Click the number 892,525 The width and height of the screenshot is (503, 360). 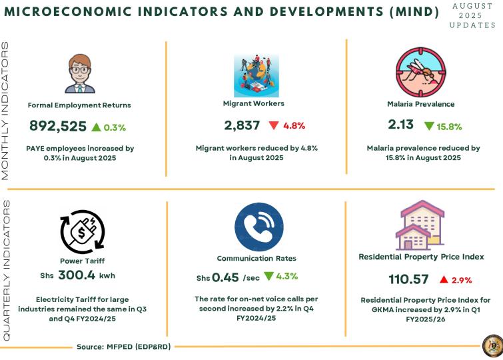pyautogui.click(x=58, y=125)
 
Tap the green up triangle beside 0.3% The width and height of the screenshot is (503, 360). pyautogui.click(x=96, y=126)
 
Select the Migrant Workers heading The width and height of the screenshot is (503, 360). pyautogui.click(x=253, y=103)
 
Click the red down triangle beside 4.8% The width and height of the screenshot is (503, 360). pyautogui.click(x=273, y=125)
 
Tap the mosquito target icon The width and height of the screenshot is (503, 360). pyautogui.click(x=420, y=69)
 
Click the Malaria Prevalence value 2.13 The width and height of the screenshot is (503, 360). pyautogui.click(x=401, y=124)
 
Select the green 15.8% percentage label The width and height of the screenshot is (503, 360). pyautogui.click(x=449, y=126)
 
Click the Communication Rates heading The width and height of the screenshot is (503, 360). pyautogui.click(x=256, y=258)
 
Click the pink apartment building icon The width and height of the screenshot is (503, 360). pyautogui.click(x=421, y=223)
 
